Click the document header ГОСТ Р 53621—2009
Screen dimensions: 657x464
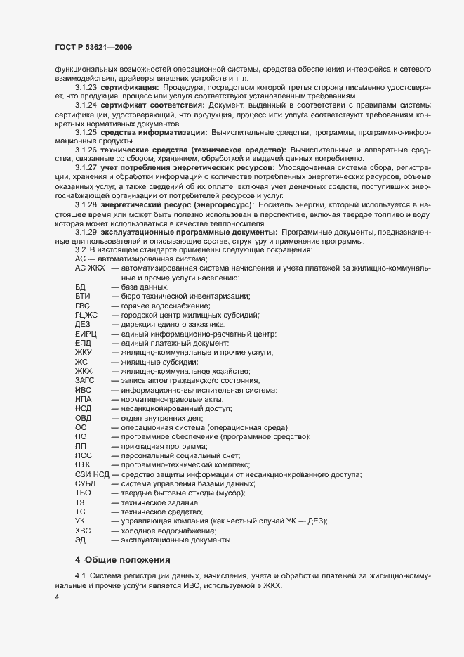coord(93,46)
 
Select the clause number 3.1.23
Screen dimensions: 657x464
coord(86,86)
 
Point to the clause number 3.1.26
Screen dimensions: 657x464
coord(86,150)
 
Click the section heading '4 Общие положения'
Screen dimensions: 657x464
coord(122,560)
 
